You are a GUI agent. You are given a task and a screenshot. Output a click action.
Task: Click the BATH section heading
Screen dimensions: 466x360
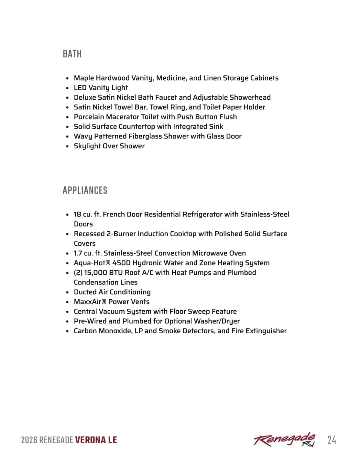click(x=72, y=54)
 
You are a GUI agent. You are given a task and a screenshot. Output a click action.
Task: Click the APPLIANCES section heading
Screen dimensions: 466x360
click(x=85, y=190)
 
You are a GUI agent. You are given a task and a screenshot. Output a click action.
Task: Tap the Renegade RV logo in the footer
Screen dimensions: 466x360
click(x=284, y=440)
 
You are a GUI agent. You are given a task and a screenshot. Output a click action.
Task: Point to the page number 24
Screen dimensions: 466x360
click(x=332, y=440)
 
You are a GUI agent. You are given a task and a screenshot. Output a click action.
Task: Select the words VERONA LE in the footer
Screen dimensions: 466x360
click(x=96, y=440)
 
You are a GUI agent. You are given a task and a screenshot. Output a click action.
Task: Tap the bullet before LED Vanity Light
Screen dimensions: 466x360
click(x=67, y=88)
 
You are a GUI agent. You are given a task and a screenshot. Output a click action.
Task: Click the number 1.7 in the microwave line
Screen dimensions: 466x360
click(x=78, y=253)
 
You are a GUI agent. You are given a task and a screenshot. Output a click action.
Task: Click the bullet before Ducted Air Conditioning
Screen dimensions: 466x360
click(x=67, y=292)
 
